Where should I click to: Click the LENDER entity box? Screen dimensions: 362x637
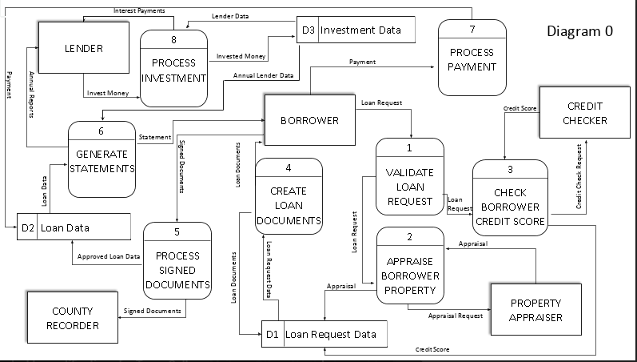(83, 49)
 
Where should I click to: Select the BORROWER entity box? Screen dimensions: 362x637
(309, 120)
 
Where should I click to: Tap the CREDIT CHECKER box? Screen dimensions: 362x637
(585, 113)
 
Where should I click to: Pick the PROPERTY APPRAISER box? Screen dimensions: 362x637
(535, 311)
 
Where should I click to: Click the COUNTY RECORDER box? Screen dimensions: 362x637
(72, 318)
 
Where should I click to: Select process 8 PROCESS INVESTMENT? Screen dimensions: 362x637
(173, 67)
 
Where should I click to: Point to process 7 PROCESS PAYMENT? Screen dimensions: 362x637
(472, 58)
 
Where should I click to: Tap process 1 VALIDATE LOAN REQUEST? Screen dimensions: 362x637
(409, 186)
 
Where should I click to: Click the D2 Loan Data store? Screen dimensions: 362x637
(73, 227)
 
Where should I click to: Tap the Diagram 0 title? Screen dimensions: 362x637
(579, 31)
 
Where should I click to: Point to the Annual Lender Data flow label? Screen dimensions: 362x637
(263, 75)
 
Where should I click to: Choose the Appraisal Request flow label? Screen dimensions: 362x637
(456, 316)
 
